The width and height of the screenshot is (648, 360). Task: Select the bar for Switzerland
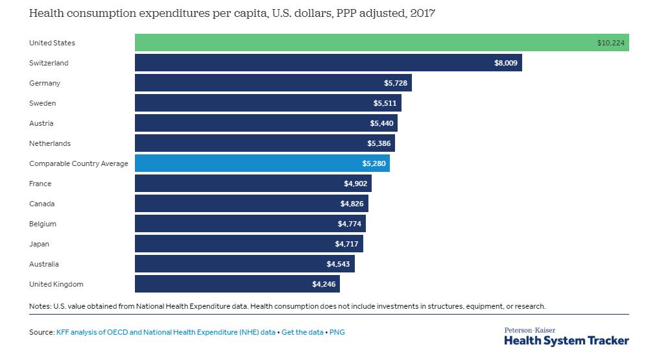328,63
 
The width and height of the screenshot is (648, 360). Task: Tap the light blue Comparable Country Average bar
262,163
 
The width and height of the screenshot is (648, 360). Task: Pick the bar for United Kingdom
237,284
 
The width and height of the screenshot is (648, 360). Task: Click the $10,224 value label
610,43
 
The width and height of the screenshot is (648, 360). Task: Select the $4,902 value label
355,184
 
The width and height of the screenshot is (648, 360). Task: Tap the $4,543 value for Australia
339,264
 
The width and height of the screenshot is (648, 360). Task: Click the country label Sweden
42,103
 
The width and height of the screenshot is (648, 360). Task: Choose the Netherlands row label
50,143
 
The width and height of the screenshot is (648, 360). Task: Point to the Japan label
39,244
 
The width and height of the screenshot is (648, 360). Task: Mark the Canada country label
42,204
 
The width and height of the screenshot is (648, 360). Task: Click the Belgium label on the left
43,224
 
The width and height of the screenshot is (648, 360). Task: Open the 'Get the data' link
302,332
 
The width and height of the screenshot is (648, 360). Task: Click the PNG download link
337,332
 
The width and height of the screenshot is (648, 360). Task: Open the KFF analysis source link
166,332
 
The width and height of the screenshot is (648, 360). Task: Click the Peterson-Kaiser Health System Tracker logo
566,337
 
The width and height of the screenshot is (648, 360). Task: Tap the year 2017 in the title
422,13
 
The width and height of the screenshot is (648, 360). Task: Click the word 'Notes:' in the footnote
40,306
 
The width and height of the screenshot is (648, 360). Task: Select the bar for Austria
266,123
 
